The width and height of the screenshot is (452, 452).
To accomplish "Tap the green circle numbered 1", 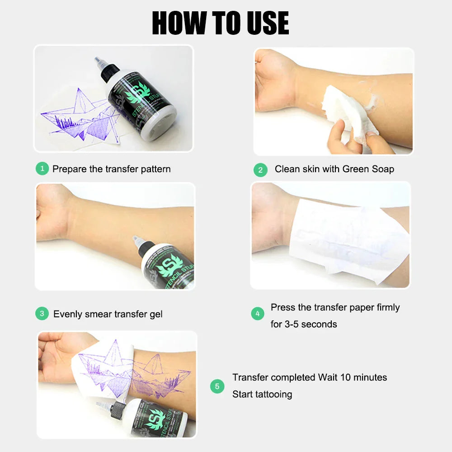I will pyautogui.click(x=42, y=169).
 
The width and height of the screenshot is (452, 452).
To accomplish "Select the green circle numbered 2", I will pyautogui.click(x=260, y=170).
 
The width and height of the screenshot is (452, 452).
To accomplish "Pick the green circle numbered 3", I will pyautogui.click(x=42, y=313).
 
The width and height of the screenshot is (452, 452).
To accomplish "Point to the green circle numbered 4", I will pyautogui.click(x=258, y=313).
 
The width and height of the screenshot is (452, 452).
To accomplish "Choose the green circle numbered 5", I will pyautogui.click(x=217, y=386).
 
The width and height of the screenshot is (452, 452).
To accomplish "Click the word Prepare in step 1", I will pyautogui.click(x=68, y=169).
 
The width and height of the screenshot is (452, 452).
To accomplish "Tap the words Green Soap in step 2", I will pyautogui.click(x=368, y=169).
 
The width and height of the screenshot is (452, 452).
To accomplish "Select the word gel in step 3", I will pyautogui.click(x=155, y=314).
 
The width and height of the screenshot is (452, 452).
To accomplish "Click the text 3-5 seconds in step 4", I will pyautogui.click(x=311, y=324).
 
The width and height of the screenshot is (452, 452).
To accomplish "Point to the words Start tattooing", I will pyautogui.click(x=262, y=394).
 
